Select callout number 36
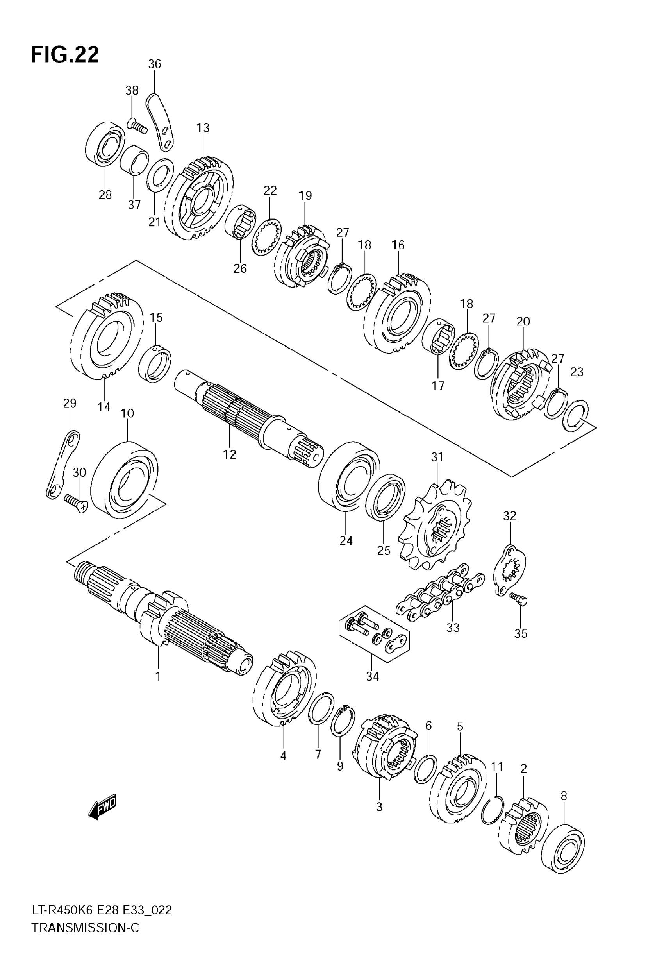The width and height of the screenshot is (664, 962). point(154,64)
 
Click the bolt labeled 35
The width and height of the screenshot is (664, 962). point(519,599)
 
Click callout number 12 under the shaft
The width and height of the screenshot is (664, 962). point(229,454)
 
